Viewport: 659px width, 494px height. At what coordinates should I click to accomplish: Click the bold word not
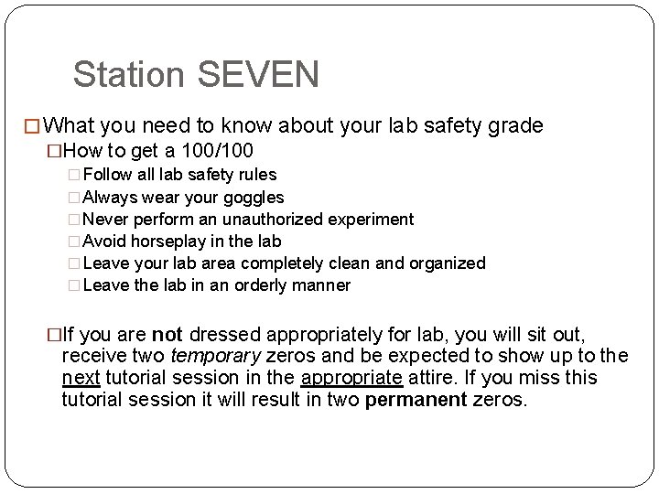tap(167, 335)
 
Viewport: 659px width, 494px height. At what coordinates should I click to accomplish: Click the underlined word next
tap(81, 377)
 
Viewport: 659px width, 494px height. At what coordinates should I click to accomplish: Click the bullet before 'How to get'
tap(53, 149)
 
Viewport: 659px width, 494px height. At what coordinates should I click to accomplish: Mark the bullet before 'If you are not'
tap(53, 335)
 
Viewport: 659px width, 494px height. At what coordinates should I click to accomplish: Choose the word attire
tap(434, 377)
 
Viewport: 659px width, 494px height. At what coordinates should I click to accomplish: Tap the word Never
tap(104, 219)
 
